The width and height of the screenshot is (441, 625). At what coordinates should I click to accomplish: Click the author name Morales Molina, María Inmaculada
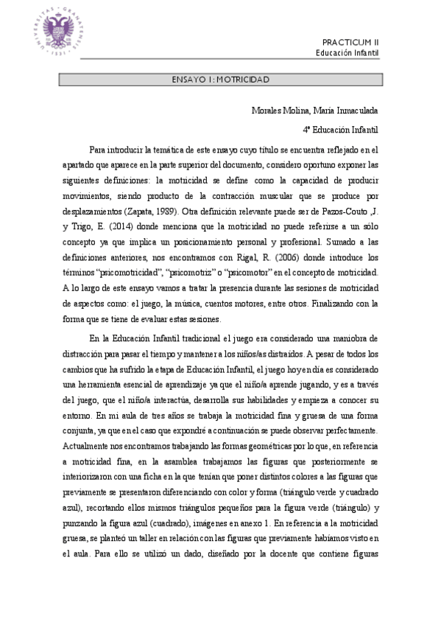pyautogui.click(x=314, y=111)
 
